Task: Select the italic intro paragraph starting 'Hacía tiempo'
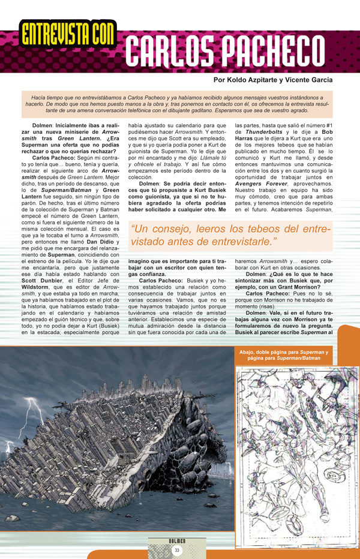[x=179, y=104]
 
